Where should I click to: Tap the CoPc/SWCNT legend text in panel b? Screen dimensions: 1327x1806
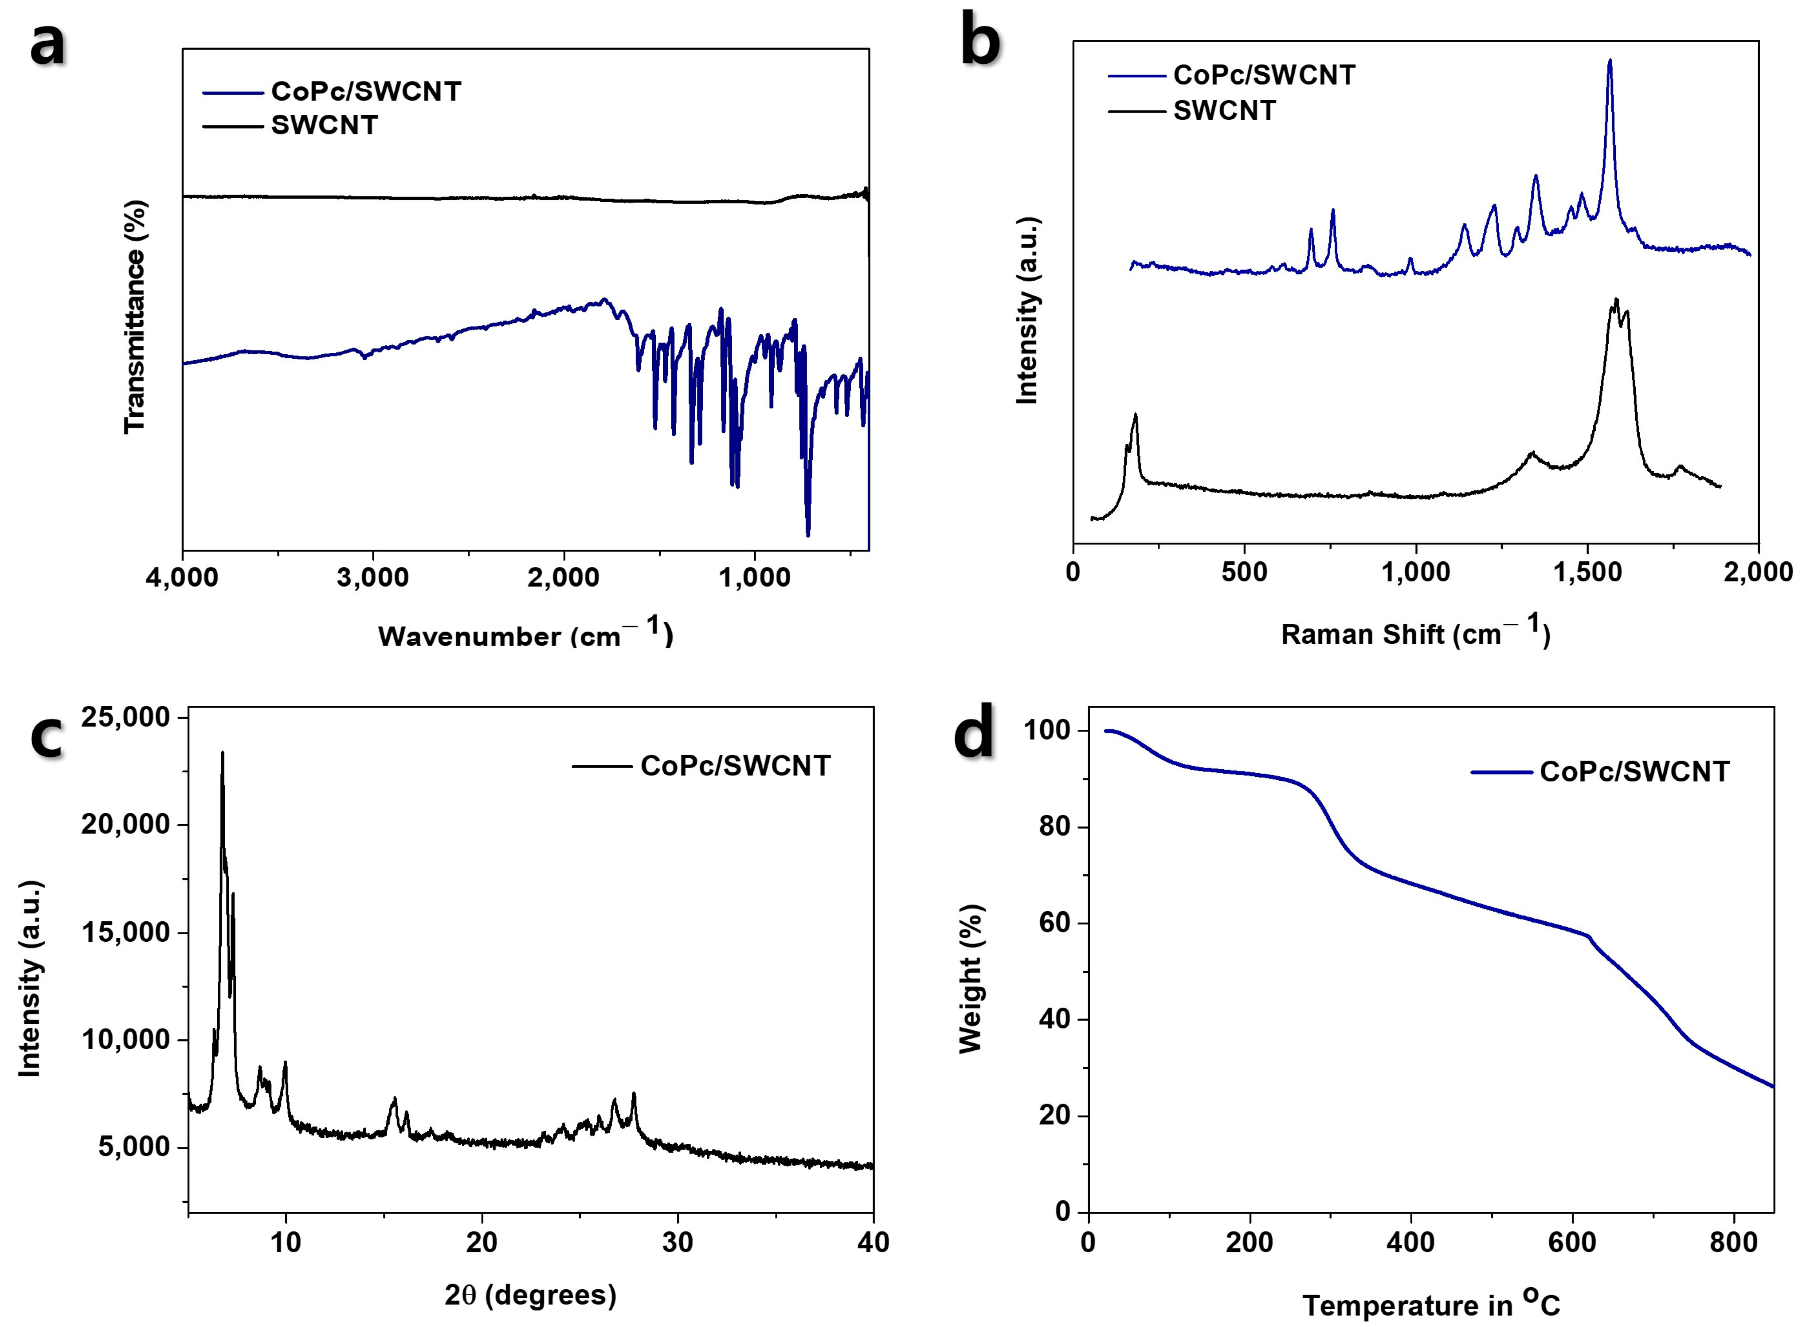(x=1264, y=74)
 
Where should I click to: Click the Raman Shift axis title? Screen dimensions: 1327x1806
(x=1415, y=634)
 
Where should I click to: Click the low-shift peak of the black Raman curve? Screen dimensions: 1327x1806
(x=1135, y=415)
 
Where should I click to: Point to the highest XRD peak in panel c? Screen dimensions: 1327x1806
(x=223, y=753)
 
